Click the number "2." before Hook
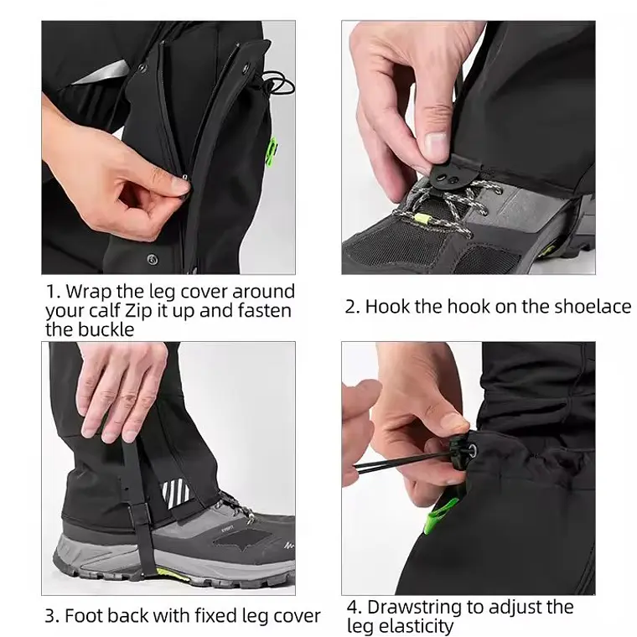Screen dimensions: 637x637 (x=352, y=307)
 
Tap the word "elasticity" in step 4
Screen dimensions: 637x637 (x=400, y=626)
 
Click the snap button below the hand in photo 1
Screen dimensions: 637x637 (x=153, y=260)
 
